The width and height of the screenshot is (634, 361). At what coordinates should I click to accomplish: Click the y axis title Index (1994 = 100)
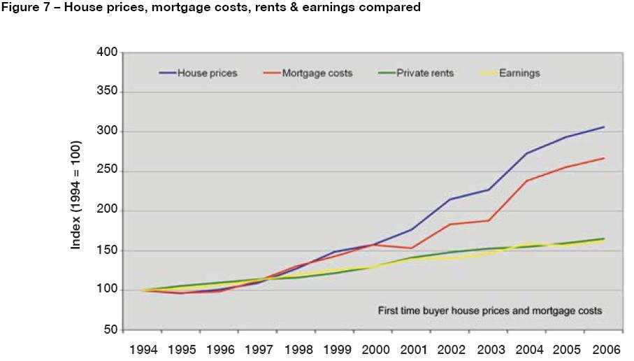coord(75,195)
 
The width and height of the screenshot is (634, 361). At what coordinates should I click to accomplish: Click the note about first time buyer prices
coord(490,309)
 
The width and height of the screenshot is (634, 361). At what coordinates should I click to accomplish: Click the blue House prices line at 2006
coord(604,127)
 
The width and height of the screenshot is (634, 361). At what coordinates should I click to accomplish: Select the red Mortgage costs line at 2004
coord(526,180)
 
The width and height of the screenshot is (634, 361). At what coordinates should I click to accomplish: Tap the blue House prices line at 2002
coord(449,199)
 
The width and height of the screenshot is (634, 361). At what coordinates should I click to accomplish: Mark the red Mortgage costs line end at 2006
coord(604,158)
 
